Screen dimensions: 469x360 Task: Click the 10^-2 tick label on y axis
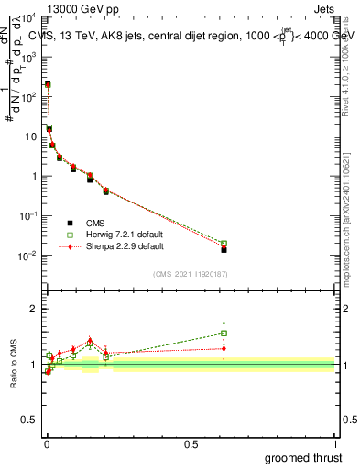click(x=27, y=256)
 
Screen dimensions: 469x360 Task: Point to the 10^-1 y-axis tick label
click(x=27, y=216)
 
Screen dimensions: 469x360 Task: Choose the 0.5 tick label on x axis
click(x=191, y=444)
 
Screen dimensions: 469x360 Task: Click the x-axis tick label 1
click(x=335, y=444)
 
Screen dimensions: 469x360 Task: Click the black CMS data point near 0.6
click(x=224, y=249)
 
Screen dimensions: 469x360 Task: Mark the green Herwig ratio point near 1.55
click(x=224, y=333)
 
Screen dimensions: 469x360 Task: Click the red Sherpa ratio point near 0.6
click(x=224, y=348)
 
